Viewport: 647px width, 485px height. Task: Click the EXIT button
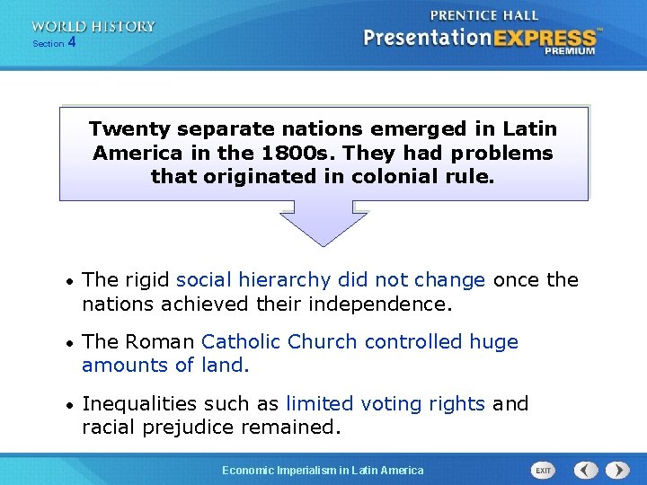click(543, 470)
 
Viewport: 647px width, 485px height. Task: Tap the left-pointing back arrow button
click(586, 470)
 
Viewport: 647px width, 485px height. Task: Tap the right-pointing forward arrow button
click(617, 470)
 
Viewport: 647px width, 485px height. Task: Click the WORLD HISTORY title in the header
click(93, 27)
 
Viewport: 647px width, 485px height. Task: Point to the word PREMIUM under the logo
click(569, 52)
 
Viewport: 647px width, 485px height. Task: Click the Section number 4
click(72, 42)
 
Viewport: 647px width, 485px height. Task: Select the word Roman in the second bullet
click(161, 342)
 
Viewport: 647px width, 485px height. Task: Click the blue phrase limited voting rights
click(386, 404)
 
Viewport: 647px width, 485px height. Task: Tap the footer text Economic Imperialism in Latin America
click(323, 470)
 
